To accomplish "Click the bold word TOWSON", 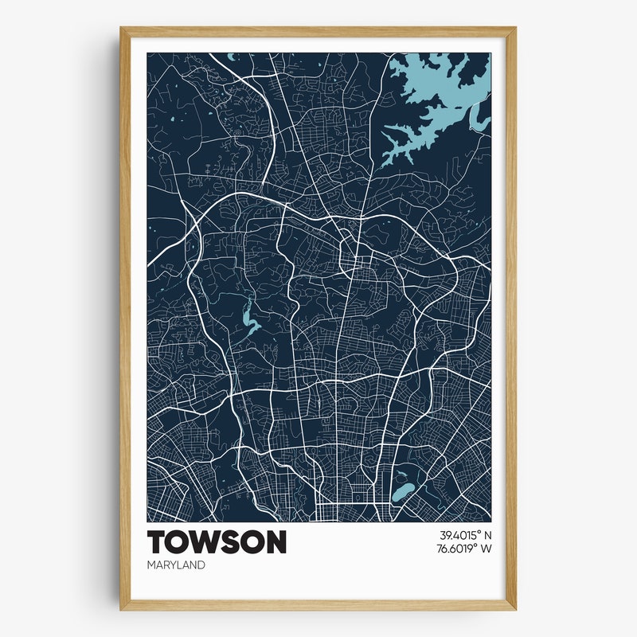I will [x=217, y=542].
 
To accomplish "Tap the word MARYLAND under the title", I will [x=176, y=565].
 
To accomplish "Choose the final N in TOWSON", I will [x=275, y=542].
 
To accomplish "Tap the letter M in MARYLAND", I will [x=151, y=565].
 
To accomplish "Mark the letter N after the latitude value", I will [x=488, y=535].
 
